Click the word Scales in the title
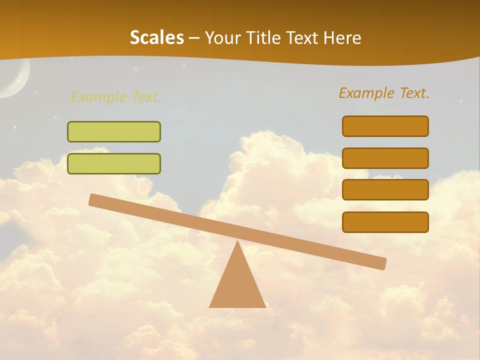(x=156, y=37)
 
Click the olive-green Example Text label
(x=116, y=97)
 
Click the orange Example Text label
(x=384, y=93)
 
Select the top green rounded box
(x=114, y=131)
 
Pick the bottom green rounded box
(x=114, y=163)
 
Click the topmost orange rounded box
(x=385, y=126)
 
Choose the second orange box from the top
(x=385, y=158)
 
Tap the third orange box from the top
(x=385, y=190)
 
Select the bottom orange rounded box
(x=385, y=222)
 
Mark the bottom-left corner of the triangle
(x=210, y=306)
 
